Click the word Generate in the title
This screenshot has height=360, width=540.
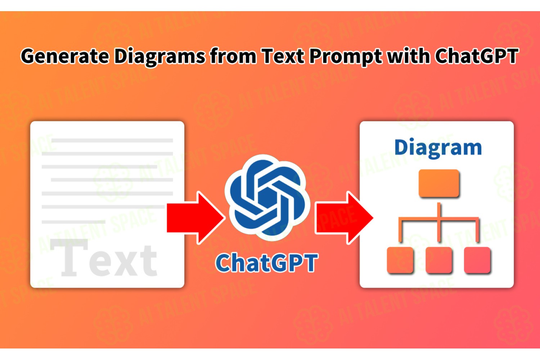coord(65,56)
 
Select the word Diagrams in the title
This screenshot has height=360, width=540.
coord(159,57)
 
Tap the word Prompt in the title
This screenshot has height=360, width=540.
coord(346,57)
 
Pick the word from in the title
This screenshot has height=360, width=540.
coord(233,56)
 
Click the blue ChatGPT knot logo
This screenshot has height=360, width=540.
coord(267,198)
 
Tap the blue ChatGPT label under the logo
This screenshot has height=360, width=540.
coord(266,262)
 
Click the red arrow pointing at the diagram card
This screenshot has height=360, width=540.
coord(344,218)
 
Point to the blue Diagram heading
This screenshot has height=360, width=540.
coord(438,148)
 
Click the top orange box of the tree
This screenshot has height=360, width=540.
coord(439,183)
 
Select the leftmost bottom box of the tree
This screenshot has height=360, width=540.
coord(400,260)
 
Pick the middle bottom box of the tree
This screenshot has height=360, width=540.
coord(439,260)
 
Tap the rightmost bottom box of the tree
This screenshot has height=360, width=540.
coord(477,260)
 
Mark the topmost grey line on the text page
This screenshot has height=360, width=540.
coord(112,140)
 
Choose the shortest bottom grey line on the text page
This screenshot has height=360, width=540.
coord(73,222)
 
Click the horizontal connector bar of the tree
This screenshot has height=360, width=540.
coord(439,219)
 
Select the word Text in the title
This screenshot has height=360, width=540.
coord(283,56)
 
